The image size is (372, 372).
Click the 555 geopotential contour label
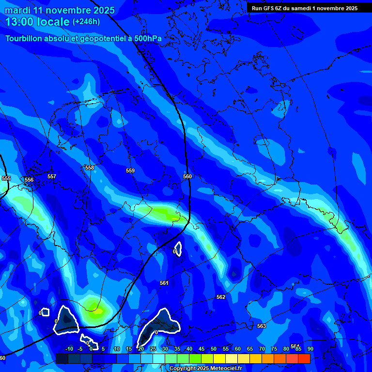pos(6,178)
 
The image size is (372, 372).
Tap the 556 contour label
pos(29,180)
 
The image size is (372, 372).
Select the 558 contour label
pos(89,168)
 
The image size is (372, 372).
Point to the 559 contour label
pos(130,170)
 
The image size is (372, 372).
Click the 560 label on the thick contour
pos(187,176)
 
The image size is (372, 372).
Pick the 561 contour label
pos(164,283)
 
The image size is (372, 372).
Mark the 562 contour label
pos(221,297)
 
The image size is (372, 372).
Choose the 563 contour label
pos(262,326)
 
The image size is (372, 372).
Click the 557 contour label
pos(52,176)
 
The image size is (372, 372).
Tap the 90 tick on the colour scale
pos(310,349)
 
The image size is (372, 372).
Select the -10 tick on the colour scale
pos(69,349)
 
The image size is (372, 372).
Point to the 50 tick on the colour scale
pos(214,349)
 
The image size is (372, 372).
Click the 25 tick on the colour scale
pos(153,349)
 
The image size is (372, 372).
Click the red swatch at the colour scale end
pos(304,358)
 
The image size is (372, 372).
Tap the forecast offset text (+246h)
pos(86,21)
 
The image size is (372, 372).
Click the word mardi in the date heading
pos(17,10)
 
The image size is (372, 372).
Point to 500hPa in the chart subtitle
pos(147,39)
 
